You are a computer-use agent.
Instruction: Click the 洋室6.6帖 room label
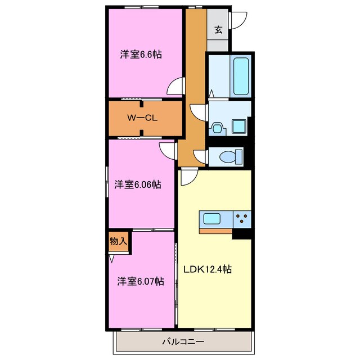point(141,55)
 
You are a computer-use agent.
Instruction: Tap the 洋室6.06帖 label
point(138,184)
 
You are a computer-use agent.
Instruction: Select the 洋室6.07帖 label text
point(141,280)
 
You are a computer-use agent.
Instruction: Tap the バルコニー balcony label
point(183,341)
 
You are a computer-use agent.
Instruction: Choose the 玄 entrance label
point(218,30)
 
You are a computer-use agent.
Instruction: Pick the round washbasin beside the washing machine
point(217,128)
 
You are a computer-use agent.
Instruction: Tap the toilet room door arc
point(200,156)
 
